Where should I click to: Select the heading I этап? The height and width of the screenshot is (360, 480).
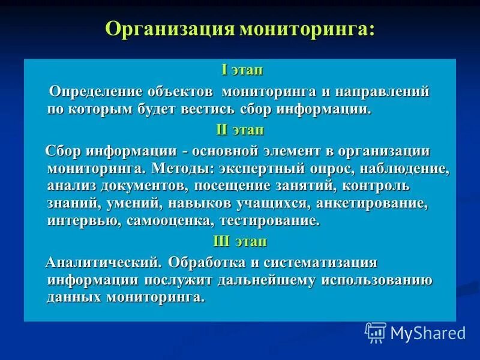242,70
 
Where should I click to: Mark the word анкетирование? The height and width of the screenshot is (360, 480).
373,203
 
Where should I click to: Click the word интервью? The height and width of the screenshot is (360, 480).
83,221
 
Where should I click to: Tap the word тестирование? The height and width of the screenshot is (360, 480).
269,221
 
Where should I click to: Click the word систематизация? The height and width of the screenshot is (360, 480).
324,263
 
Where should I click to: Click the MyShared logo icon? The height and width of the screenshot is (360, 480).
376,332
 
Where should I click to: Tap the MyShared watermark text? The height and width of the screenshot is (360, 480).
427,332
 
